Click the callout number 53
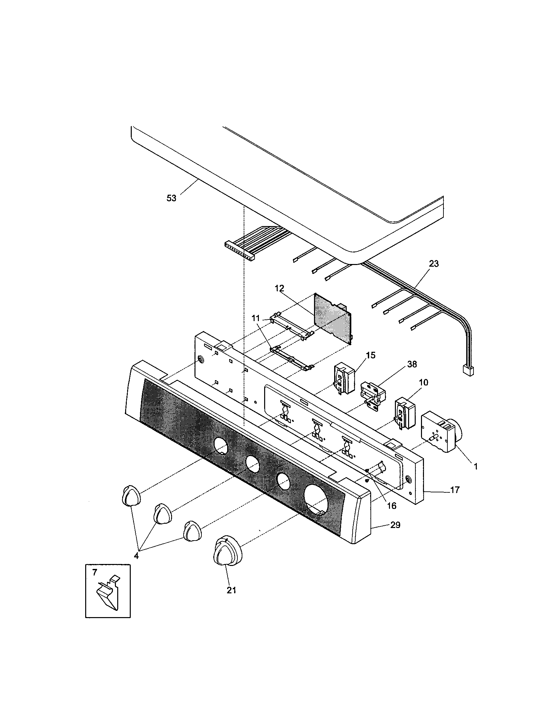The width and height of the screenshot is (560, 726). click(171, 198)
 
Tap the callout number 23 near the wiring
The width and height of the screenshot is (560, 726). click(434, 264)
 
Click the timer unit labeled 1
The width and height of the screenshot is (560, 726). click(439, 432)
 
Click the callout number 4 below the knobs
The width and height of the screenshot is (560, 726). click(136, 555)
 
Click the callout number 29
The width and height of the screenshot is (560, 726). click(395, 525)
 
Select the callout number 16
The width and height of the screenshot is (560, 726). click(392, 506)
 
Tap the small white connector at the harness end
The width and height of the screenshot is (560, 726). click(468, 370)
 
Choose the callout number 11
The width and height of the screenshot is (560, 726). click(255, 318)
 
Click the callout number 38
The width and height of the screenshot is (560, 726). click(412, 364)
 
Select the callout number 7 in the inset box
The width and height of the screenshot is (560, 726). click(95, 573)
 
